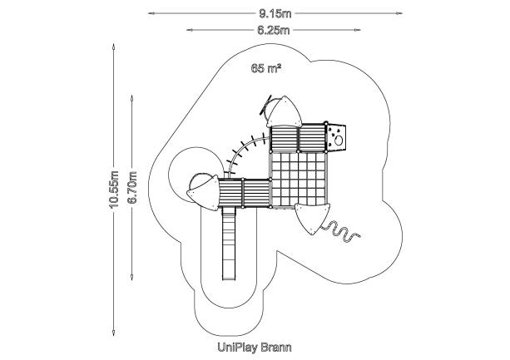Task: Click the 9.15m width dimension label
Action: coord(275,13)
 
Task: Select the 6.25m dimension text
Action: coord(274,30)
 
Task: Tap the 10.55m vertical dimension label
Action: coord(114,189)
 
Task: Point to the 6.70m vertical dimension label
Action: coord(132,187)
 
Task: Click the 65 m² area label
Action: coord(266,68)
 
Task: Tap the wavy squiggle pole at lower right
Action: coord(340,231)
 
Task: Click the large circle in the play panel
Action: coord(339,141)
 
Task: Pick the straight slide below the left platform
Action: coord(229,244)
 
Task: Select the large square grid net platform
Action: coord(298,179)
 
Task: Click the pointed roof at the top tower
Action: coord(285,112)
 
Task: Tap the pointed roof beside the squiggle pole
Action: coord(312,217)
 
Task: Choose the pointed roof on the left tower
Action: coord(204,193)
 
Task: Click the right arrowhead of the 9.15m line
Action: coord(399,13)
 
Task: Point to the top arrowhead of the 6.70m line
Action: coord(131,98)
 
